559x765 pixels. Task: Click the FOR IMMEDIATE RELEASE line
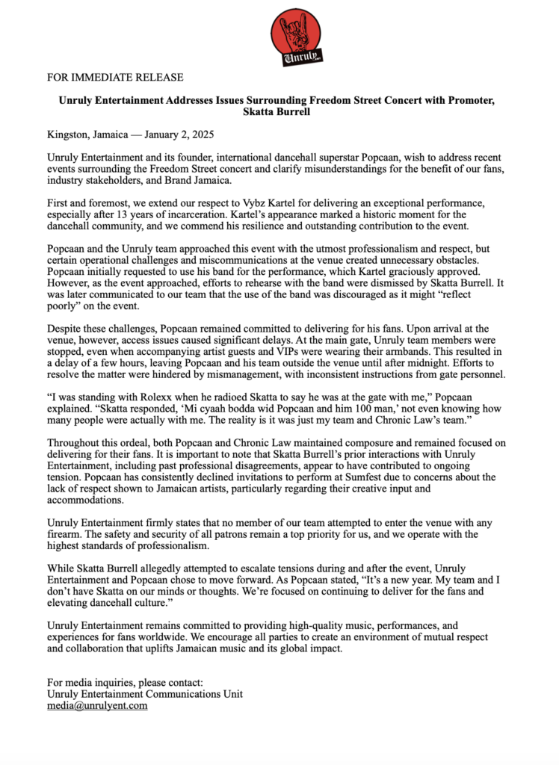[115, 78]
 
